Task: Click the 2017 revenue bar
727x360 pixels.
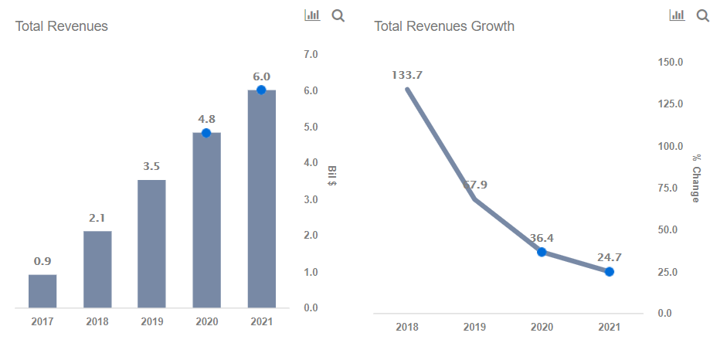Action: tap(42, 290)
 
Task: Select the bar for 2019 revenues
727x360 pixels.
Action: tap(151, 243)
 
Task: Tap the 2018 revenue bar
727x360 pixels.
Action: tap(97, 269)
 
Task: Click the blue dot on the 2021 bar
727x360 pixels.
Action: tap(261, 90)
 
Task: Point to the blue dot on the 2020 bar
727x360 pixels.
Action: tap(206, 133)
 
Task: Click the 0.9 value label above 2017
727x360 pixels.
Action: tap(42, 261)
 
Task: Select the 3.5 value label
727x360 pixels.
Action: tap(151, 166)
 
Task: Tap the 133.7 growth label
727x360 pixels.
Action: tap(407, 75)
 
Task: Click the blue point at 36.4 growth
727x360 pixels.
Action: tap(542, 252)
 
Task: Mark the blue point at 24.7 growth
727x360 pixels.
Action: tap(610, 271)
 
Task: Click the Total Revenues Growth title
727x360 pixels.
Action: tap(444, 26)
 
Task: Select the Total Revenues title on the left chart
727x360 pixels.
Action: tap(62, 26)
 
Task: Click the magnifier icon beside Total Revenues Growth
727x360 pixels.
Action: tap(702, 15)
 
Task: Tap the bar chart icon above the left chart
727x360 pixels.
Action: tap(312, 15)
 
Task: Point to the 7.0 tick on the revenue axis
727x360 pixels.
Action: tap(311, 55)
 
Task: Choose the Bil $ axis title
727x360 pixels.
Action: tap(331, 176)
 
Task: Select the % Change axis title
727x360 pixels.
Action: tap(695, 178)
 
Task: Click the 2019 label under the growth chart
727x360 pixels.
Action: tap(474, 328)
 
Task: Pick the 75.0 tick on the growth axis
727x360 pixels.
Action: tap(669, 188)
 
